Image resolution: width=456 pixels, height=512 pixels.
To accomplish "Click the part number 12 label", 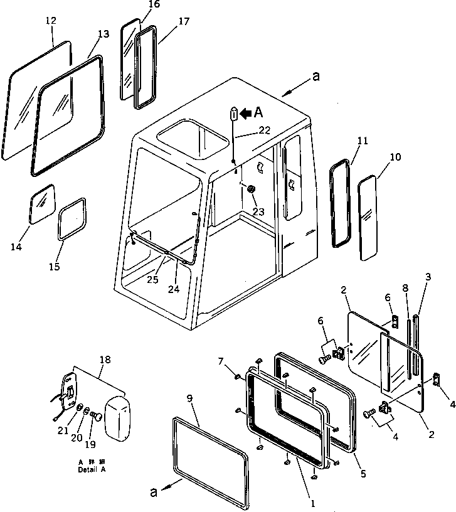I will [x=51, y=21].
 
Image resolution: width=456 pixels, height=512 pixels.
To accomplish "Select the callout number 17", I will [x=166, y=21].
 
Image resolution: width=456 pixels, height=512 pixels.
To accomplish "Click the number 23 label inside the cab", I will [x=258, y=211].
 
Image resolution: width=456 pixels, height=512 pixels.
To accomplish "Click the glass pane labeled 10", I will [x=368, y=216].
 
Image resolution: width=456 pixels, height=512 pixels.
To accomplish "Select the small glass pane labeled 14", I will [x=43, y=203].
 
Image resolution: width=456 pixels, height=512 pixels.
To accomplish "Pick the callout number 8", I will [x=406, y=288].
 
